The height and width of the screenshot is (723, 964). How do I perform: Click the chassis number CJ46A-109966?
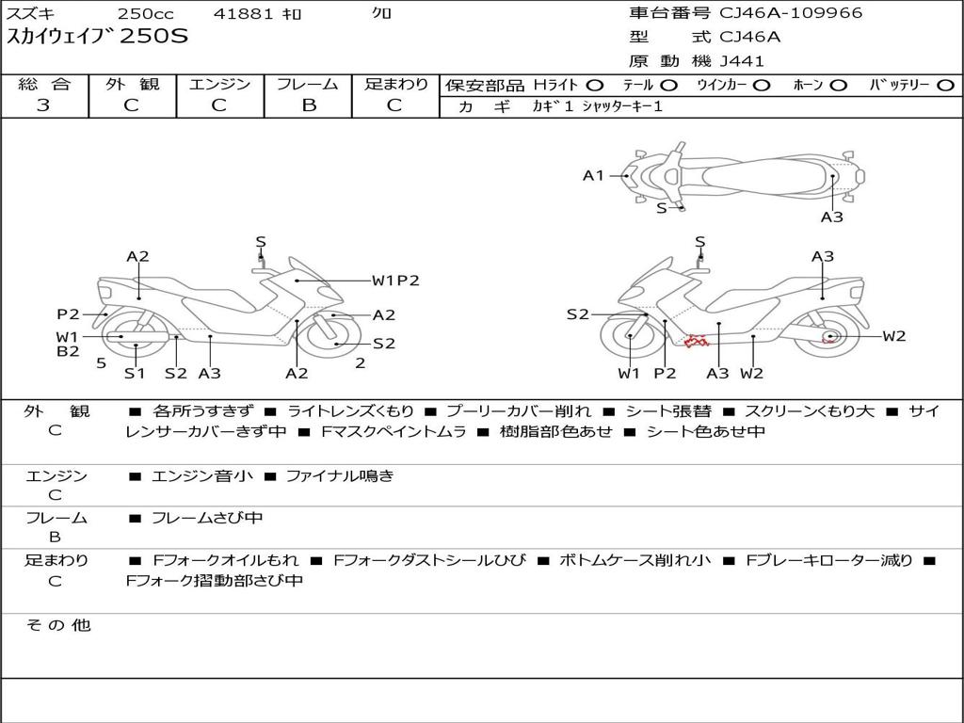click(791, 13)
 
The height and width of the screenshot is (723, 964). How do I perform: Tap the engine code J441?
click(742, 61)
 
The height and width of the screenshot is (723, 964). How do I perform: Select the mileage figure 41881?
click(243, 13)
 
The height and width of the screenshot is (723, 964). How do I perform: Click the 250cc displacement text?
click(146, 13)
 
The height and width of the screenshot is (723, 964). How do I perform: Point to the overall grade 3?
click(43, 105)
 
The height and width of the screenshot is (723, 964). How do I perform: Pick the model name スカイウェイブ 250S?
click(97, 37)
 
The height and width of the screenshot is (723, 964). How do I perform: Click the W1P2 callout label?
click(395, 281)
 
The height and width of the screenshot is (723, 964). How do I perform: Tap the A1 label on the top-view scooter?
click(593, 176)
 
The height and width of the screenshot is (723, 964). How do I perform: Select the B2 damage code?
click(68, 352)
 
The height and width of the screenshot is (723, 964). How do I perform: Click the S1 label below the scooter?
click(134, 373)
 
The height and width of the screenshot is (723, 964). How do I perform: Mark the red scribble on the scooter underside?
click(697, 341)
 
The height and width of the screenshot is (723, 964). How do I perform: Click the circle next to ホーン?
click(838, 86)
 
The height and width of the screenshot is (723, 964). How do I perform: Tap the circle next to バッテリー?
click(945, 86)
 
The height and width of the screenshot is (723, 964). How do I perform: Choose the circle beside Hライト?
click(595, 86)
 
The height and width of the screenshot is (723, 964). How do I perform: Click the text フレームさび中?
click(207, 519)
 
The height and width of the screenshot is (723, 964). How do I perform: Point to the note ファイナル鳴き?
click(340, 475)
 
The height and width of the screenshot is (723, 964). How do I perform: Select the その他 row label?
click(58, 625)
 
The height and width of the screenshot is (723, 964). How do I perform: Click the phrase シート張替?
click(668, 411)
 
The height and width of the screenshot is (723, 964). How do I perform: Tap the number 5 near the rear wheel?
click(102, 363)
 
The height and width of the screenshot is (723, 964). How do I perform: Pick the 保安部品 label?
click(485, 86)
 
